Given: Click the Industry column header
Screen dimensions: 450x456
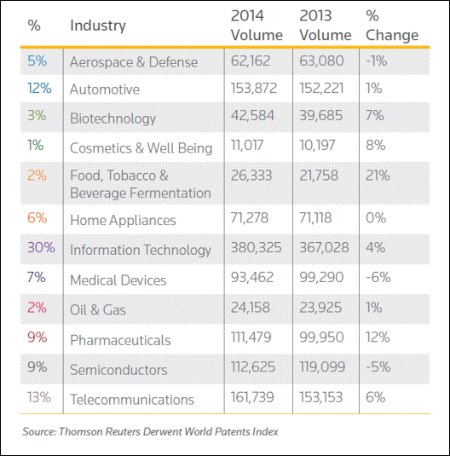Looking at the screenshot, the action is click(98, 26).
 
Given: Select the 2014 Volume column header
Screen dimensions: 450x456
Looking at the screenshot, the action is click(257, 26).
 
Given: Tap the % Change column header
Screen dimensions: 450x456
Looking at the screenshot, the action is click(392, 26).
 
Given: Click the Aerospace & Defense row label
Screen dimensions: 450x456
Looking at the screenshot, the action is click(134, 62).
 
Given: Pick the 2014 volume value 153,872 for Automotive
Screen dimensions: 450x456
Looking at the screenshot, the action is click(254, 88).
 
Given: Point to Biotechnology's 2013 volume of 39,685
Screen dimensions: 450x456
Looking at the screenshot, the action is click(320, 115).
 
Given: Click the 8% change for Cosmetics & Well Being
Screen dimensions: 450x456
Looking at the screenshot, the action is click(375, 145).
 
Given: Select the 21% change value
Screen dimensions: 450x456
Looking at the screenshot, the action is click(378, 176).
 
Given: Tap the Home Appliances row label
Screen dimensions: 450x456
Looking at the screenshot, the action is click(123, 220).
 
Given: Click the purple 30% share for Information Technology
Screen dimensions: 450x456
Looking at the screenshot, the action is click(41, 247).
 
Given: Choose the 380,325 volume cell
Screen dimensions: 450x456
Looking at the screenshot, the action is click(256, 247).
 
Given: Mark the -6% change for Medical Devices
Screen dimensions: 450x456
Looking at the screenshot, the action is click(378, 277).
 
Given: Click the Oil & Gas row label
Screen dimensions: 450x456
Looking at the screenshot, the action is click(98, 309).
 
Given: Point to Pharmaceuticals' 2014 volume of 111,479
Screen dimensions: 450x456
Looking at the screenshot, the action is click(251, 337).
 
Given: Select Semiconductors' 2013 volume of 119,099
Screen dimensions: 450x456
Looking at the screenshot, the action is click(322, 367).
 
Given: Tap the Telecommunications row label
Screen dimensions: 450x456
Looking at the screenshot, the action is click(132, 399).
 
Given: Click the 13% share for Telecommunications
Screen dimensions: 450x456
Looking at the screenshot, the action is click(39, 397).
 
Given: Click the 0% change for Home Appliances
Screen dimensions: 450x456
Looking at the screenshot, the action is click(376, 218).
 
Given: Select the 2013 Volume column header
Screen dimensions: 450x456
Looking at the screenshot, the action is click(326, 26).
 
